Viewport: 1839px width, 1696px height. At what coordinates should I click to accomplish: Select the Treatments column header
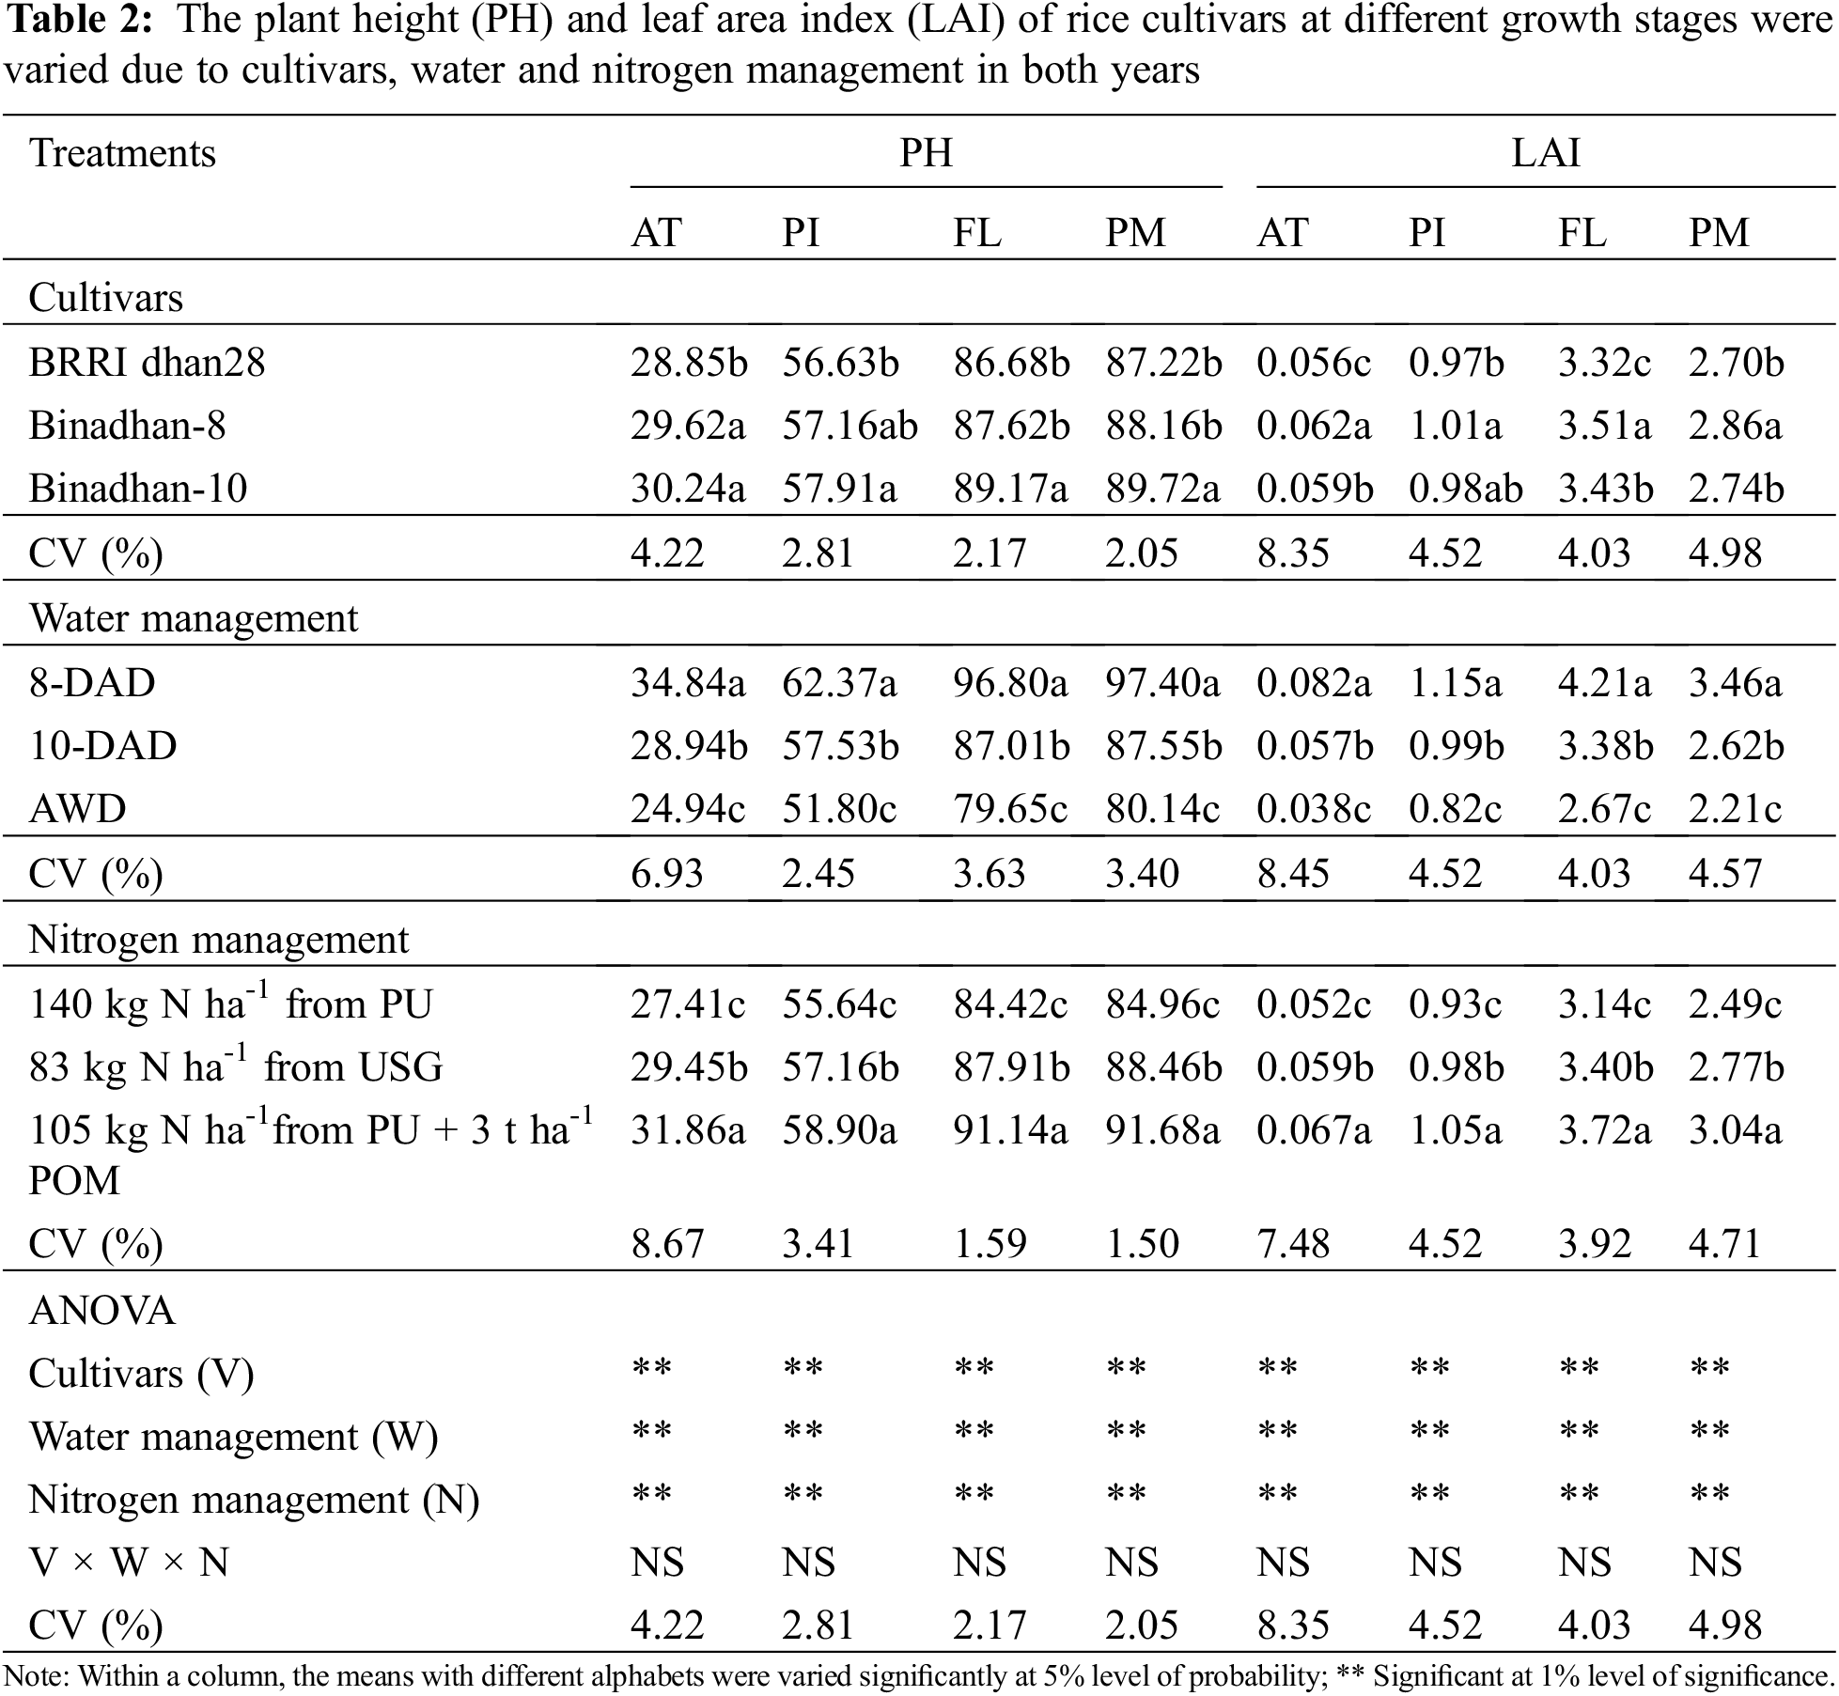(123, 153)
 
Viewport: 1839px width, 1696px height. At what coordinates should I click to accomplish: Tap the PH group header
(926, 153)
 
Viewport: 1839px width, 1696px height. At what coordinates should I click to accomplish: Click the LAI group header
(1545, 153)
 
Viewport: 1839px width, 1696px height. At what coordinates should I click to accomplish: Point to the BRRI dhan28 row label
(148, 363)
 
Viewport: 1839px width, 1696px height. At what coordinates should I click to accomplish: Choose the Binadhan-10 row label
(138, 489)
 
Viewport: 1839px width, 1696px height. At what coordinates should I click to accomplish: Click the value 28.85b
(688, 363)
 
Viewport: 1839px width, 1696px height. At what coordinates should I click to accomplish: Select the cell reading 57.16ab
(849, 426)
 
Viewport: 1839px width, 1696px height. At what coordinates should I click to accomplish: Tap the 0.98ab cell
(1465, 489)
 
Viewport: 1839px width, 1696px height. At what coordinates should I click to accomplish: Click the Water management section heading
(194, 618)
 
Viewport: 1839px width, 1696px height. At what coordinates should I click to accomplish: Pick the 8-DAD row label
(92, 683)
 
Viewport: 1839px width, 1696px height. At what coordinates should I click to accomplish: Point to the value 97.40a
(1162, 683)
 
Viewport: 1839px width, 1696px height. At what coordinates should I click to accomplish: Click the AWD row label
(78, 809)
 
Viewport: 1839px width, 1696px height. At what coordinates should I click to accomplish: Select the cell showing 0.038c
(1314, 809)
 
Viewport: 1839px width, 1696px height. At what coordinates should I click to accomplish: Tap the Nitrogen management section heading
(219, 940)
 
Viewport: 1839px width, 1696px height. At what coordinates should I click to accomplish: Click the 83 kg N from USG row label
(236, 1067)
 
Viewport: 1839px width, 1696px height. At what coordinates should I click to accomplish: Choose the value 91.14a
(1010, 1130)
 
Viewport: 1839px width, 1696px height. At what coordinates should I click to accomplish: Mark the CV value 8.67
(667, 1244)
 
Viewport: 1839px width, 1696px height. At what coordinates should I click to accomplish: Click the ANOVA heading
(102, 1311)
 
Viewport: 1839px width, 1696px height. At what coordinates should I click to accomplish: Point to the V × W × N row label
(130, 1563)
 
